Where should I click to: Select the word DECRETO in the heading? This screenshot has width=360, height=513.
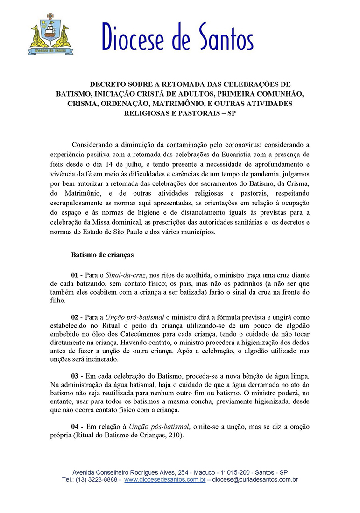[111, 84]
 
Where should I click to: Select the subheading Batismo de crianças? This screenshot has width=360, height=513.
[102, 255]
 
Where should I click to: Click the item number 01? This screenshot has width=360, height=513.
[76, 275]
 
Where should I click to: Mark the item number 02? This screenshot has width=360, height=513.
[76, 317]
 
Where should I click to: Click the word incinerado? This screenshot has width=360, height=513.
[103, 359]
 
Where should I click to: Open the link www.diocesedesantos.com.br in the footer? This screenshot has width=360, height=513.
[165, 479]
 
